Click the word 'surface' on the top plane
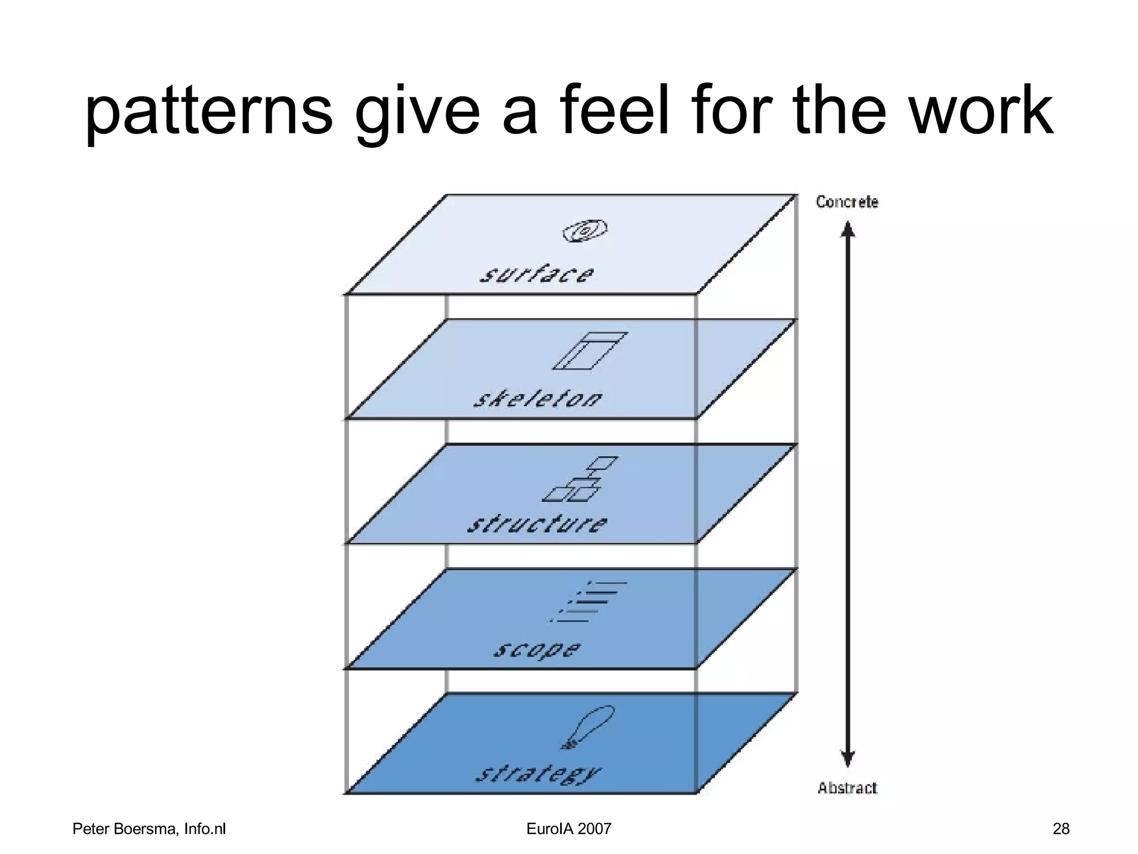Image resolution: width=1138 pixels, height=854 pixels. [537, 275]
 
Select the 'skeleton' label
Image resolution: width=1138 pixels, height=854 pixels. [538, 399]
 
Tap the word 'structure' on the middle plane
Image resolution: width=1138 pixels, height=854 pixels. [537, 524]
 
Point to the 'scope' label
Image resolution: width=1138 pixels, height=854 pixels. [537, 649]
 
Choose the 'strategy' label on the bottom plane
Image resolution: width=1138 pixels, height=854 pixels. [538, 773]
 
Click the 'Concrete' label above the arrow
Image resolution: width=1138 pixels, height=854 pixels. [847, 202]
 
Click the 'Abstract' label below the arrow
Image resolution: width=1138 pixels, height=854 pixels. [847, 788]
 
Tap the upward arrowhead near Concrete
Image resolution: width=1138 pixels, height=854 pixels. [847, 229]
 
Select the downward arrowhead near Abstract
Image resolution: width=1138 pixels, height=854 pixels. [847, 758]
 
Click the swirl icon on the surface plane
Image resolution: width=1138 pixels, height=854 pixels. [585, 230]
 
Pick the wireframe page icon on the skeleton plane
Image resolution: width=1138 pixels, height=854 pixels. [590, 351]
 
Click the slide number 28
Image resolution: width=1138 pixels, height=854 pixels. [1061, 829]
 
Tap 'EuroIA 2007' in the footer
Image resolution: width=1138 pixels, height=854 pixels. [568, 829]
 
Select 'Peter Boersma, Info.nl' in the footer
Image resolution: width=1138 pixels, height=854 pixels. [149, 829]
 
